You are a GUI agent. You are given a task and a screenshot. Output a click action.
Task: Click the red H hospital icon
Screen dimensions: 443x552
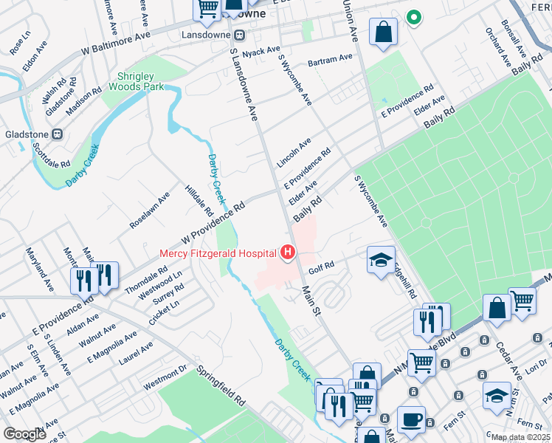287,253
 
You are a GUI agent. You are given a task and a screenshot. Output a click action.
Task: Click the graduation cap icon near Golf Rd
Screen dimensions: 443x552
381,260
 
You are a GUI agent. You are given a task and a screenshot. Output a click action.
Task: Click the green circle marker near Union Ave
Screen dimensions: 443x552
414,18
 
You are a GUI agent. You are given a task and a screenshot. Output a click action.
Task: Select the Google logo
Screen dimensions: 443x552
24,434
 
